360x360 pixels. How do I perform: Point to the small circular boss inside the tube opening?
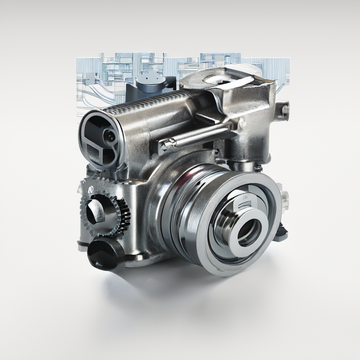click(110, 135)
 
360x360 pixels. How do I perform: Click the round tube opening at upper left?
click(101, 136)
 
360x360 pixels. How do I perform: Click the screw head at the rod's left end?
click(165, 145)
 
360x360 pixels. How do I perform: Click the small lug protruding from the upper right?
click(284, 111)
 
